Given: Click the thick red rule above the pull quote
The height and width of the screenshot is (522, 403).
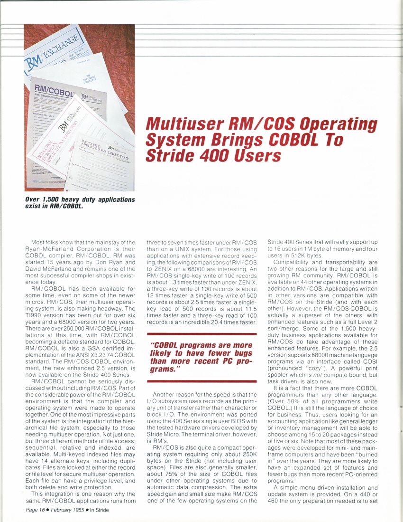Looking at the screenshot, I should click(202, 334).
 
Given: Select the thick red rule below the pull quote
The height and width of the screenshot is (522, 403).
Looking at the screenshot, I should click(202, 381).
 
